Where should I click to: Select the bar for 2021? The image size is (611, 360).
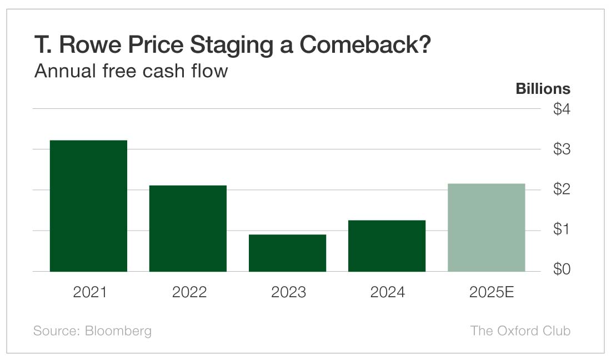click(x=88, y=206)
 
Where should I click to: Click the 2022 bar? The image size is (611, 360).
click(x=188, y=228)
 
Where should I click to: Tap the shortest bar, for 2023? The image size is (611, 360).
click(x=287, y=253)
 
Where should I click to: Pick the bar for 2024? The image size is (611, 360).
click(x=387, y=246)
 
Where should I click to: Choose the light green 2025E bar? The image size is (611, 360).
click(x=486, y=227)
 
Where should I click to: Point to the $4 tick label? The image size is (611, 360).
click(x=561, y=109)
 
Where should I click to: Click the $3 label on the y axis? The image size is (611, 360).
click(x=561, y=149)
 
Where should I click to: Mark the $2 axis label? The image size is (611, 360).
click(x=561, y=189)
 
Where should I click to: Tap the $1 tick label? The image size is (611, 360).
click(x=561, y=229)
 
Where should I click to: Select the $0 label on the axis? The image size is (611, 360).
click(x=561, y=270)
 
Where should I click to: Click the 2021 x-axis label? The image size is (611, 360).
click(x=90, y=292)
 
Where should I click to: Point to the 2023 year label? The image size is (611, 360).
click(x=288, y=292)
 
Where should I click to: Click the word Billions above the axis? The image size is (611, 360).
click(x=543, y=89)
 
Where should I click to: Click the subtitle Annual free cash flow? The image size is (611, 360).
click(x=131, y=71)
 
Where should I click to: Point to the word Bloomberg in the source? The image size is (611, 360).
click(x=118, y=331)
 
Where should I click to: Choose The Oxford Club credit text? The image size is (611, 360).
click(x=520, y=331)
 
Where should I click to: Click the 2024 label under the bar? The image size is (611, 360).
click(x=388, y=292)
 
